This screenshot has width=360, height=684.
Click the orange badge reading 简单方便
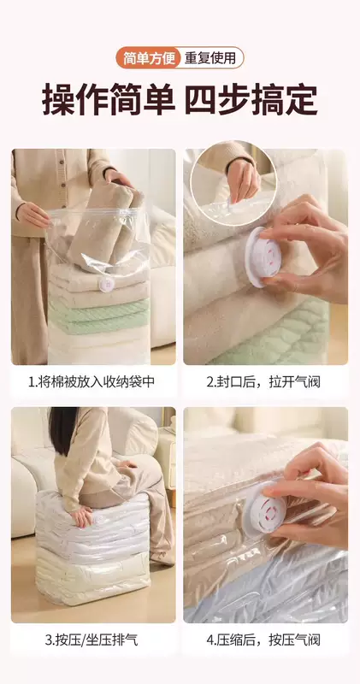148,57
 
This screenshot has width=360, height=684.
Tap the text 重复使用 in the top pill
210,57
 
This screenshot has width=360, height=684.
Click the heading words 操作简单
109,100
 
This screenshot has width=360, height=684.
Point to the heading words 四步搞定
251,100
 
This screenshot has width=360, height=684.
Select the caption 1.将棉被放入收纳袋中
91,381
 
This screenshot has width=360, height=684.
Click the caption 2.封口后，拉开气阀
263,381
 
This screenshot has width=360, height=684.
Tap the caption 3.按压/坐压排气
91,640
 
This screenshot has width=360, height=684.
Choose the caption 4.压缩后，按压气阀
263,640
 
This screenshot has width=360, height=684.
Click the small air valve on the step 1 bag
107,284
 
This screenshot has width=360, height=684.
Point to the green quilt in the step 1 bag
98,315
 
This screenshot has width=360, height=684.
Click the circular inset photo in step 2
233,183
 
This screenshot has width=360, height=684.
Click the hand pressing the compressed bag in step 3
82,517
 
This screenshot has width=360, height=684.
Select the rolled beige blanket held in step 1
107,226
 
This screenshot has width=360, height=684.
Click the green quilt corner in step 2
280,337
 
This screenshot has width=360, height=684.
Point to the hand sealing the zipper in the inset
243,180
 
